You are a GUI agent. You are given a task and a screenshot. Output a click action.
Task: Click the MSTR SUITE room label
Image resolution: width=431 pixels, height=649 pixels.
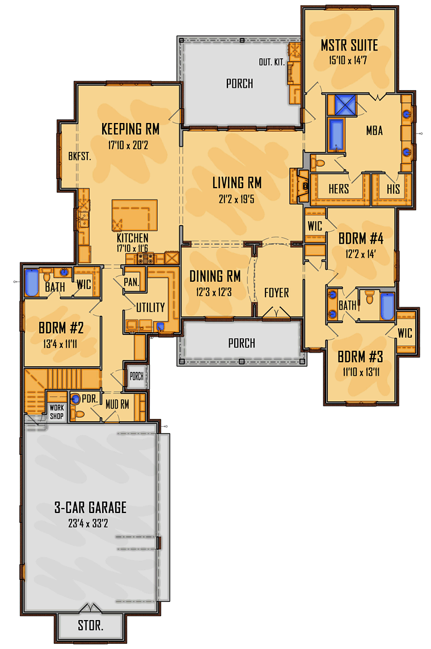[x=349, y=45]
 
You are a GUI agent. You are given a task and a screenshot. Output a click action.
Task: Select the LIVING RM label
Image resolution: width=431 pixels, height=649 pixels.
[x=236, y=183]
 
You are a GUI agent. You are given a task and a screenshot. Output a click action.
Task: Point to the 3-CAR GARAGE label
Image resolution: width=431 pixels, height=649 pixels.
[x=90, y=508]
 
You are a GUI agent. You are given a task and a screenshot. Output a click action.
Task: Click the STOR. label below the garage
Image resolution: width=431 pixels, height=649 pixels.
[x=90, y=626]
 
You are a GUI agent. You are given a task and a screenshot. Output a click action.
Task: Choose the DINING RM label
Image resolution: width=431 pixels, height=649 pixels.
[x=215, y=276]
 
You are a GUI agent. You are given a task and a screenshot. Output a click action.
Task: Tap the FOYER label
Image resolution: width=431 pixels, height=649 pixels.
[x=276, y=292]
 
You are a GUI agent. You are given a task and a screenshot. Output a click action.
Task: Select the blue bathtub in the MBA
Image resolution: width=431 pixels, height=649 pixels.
[x=337, y=135]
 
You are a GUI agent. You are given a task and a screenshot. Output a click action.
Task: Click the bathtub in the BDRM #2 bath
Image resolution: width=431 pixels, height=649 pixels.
[x=31, y=283]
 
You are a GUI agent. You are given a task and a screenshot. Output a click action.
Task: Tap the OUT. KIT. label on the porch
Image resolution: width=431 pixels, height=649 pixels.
[x=272, y=62]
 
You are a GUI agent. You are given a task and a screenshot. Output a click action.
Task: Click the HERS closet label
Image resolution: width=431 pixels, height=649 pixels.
[x=339, y=189]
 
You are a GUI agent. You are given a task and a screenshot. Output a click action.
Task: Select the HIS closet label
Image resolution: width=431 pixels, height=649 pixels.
[x=393, y=189]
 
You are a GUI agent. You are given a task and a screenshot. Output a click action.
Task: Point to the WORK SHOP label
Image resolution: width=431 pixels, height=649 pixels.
[x=57, y=412]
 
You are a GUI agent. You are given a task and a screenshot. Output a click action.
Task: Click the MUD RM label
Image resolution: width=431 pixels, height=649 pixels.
[x=119, y=404]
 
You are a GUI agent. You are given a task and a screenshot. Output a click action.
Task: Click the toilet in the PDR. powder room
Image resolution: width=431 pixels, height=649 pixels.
[x=80, y=414]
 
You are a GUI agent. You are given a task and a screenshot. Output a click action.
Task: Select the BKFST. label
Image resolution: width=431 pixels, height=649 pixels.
[x=80, y=155]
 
